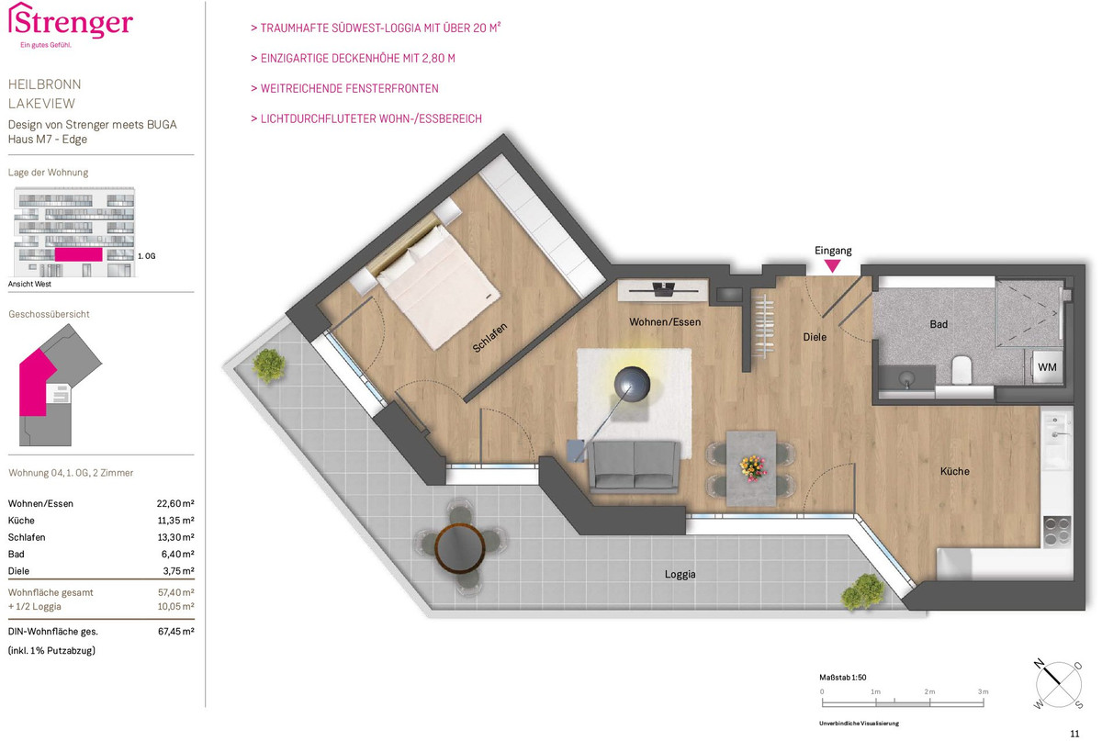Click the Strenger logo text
pos(71,22)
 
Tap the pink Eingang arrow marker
pos(832,266)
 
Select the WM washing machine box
pos(1047,367)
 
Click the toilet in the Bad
pos(961,370)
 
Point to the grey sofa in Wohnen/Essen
pos(635,465)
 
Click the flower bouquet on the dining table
pos(753,468)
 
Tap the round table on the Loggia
pos(460,548)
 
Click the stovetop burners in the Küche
pos(1057,532)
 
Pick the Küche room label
pos(954,471)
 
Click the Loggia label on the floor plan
pos(680,574)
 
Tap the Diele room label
pos(815,337)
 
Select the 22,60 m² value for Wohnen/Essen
pos(175,503)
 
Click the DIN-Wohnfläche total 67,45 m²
pos(175,632)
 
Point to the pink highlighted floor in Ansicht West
pos(79,254)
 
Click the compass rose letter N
pos(1039,664)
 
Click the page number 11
pos(1075,734)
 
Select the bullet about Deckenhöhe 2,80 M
pos(353,59)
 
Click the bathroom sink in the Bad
pos(906,379)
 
